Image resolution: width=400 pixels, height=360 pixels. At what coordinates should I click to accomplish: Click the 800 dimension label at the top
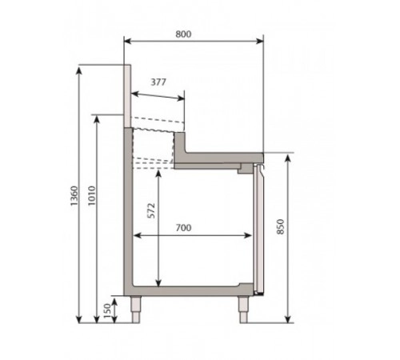click(183, 34)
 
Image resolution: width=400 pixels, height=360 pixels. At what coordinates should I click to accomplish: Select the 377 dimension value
click(158, 82)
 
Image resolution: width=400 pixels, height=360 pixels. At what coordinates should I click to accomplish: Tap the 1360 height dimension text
click(74, 196)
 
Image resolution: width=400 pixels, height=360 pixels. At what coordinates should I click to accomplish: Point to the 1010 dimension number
click(92, 196)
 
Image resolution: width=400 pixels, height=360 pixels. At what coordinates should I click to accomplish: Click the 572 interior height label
click(151, 210)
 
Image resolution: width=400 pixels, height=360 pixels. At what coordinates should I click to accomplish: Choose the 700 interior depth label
click(183, 228)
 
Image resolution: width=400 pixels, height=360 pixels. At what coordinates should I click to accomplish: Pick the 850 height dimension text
click(280, 226)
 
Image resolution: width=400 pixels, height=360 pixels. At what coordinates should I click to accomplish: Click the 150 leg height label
click(107, 310)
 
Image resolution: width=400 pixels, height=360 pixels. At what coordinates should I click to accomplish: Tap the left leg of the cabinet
click(136, 310)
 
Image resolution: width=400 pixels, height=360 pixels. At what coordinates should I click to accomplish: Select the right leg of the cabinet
click(243, 310)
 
